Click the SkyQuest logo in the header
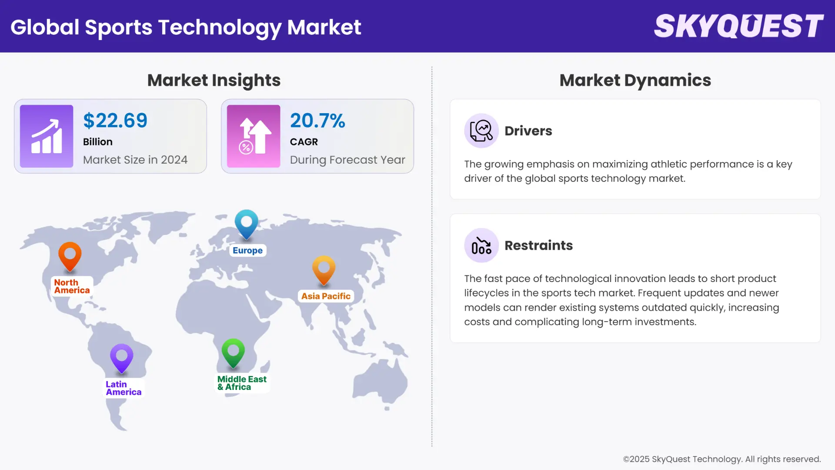pyautogui.click(x=738, y=26)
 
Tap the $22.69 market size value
pyautogui.click(x=115, y=121)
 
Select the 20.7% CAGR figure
pyautogui.click(x=317, y=121)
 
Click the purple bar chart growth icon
pyautogui.click(x=47, y=136)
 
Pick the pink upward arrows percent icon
pyautogui.click(x=254, y=136)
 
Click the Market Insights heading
pyautogui.click(x=214, y=80)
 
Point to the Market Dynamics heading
pyautogui.click(x=635, y=80)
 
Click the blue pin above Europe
pyautogui.click(x=247, y=223)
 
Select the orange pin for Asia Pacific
pyautogui.click(x=324, y=269)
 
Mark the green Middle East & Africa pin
pyautogui.click(x=233, y=352)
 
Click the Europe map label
pyautogui.click(x=247, y=251)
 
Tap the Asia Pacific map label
pyautogui.click(x=326, y=296)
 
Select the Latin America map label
pyautogui.click(x=124, y=388)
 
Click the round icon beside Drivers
pyautogui.click(x=481, y=131)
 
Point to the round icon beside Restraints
pyautogui.click(x=481, y=245)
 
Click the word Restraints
pyautogui.click(x=538, y=245)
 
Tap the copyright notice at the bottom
pyautogui.click(x=721, y=459)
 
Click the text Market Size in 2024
pyautogui.click(x=135, y=160)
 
